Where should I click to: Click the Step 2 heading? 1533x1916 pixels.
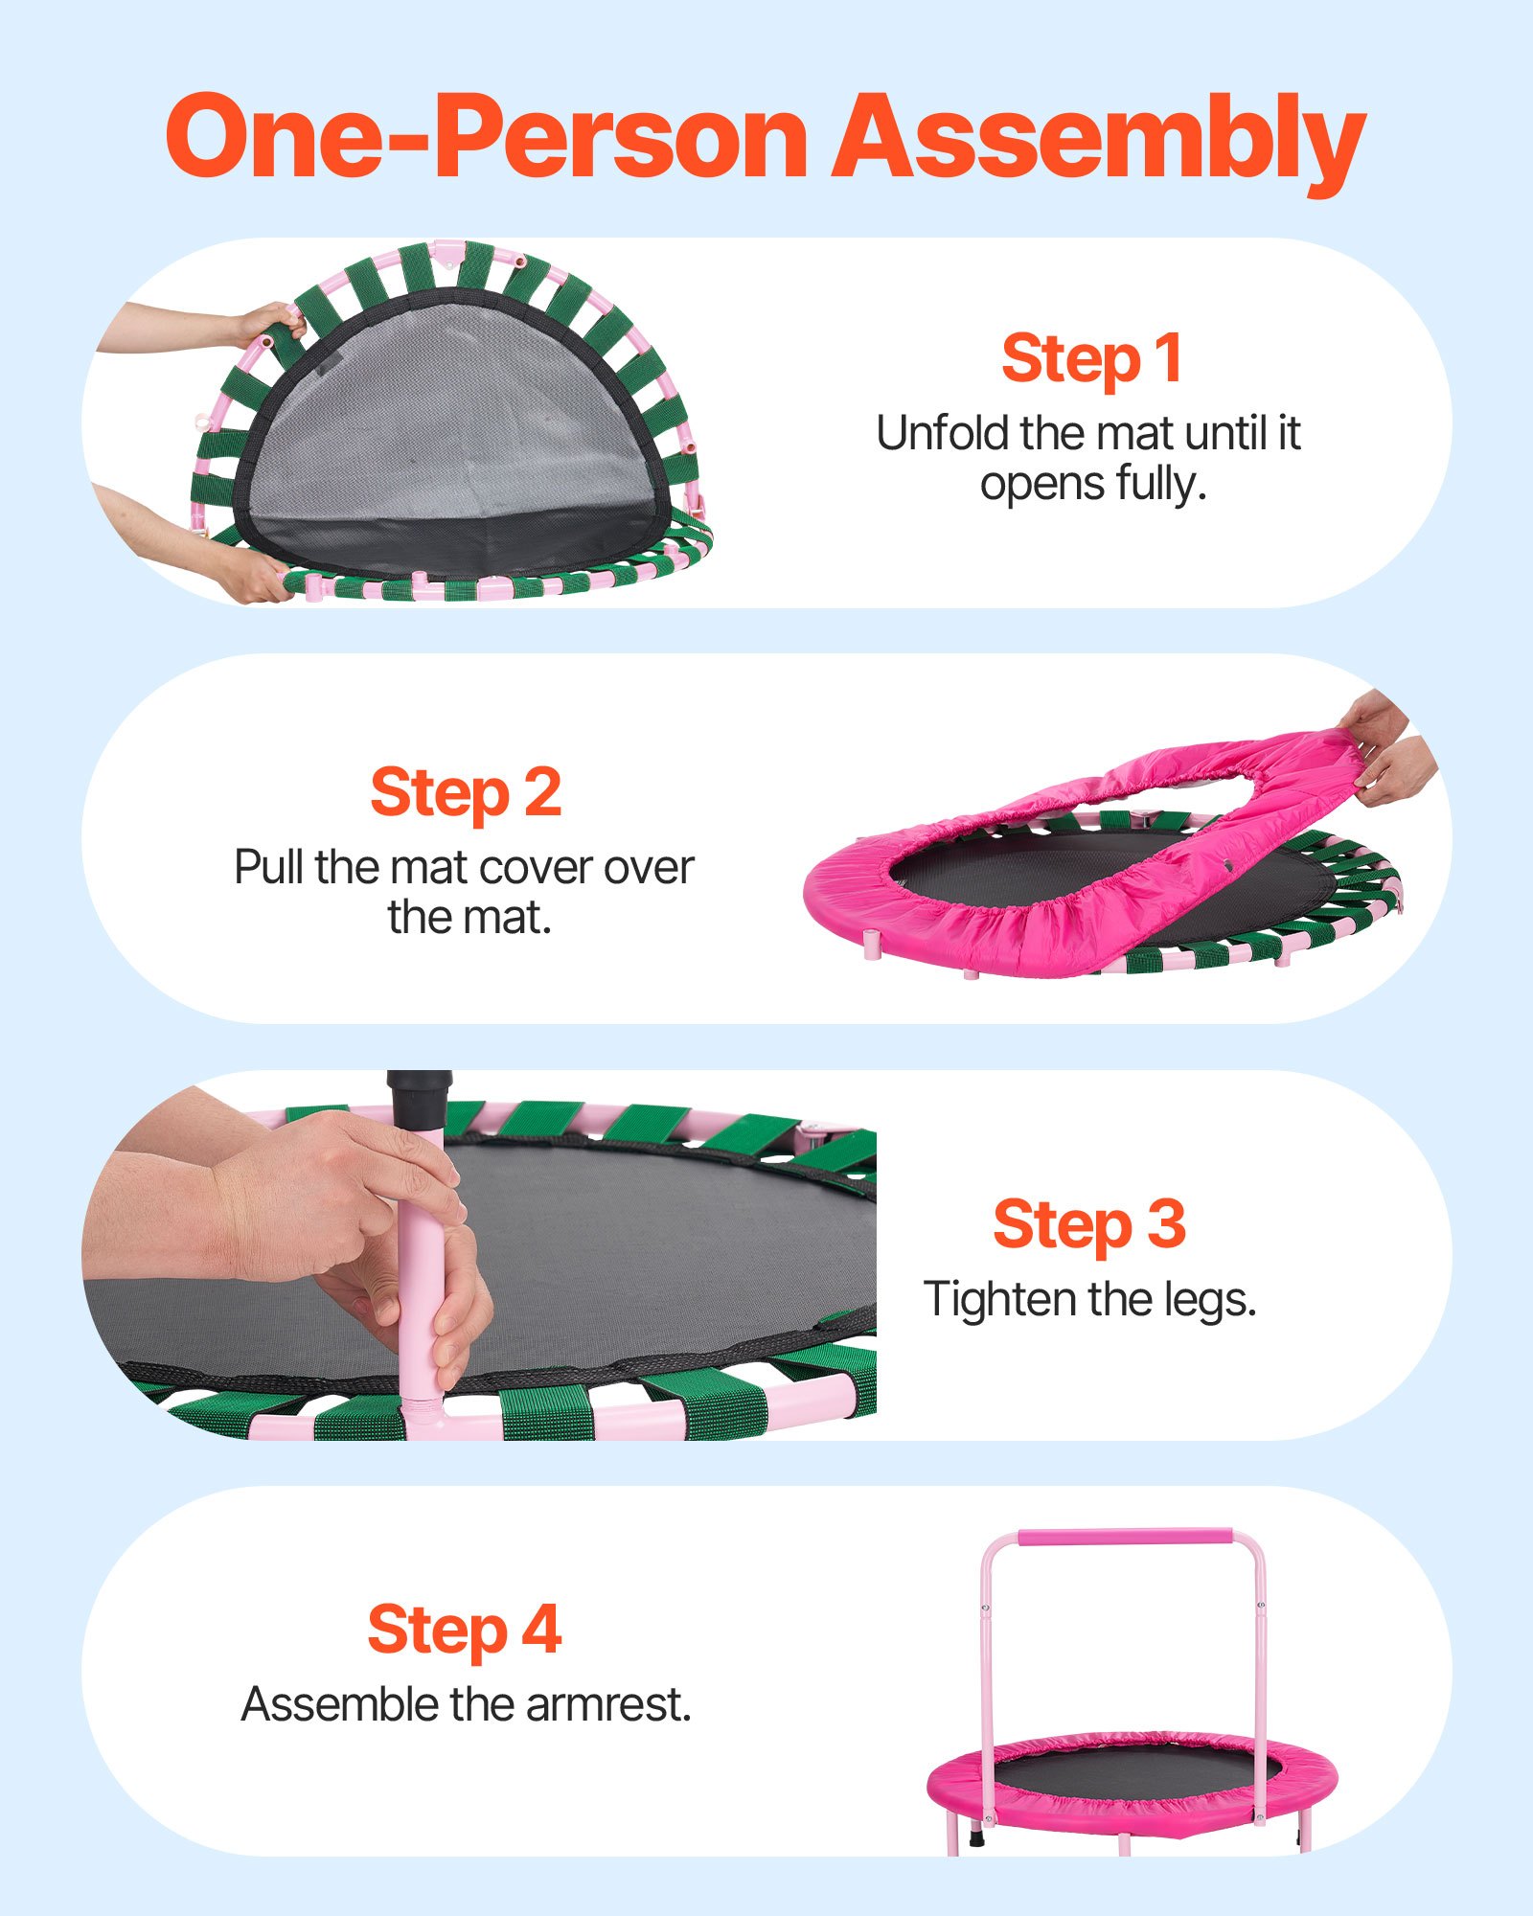(x=466, y=792)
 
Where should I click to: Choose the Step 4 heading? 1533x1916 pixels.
(x=465, y=1630)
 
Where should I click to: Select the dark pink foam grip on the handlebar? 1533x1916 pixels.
(x=1125, y=1538)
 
